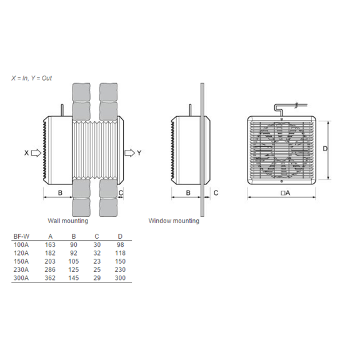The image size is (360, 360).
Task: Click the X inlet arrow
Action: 36,153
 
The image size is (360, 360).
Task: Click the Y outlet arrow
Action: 130,153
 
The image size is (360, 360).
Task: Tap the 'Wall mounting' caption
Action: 68,221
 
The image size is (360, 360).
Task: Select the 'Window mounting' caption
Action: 174,221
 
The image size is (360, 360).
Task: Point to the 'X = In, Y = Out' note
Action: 32,78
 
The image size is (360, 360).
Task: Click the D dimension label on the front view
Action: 325,149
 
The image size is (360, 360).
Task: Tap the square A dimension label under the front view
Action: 286,193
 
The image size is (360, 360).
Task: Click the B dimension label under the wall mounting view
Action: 60,193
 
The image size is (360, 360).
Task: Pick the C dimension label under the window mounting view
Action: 216,193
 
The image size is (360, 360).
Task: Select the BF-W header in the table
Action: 22,236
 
